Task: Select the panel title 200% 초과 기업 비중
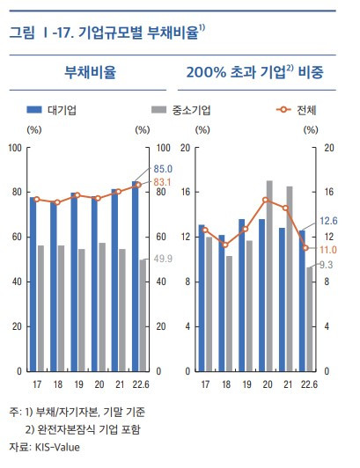254,72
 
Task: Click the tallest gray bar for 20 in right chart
269,275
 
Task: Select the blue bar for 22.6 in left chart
135,275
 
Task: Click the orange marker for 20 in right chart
265,200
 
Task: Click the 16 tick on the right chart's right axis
328,192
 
